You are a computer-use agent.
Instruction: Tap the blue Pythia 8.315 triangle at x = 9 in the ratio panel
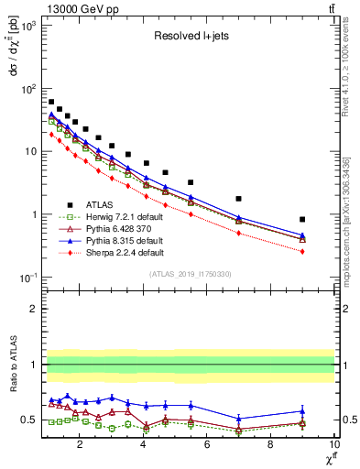pos(302,410)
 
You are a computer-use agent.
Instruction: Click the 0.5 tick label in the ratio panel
pos(28,420)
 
